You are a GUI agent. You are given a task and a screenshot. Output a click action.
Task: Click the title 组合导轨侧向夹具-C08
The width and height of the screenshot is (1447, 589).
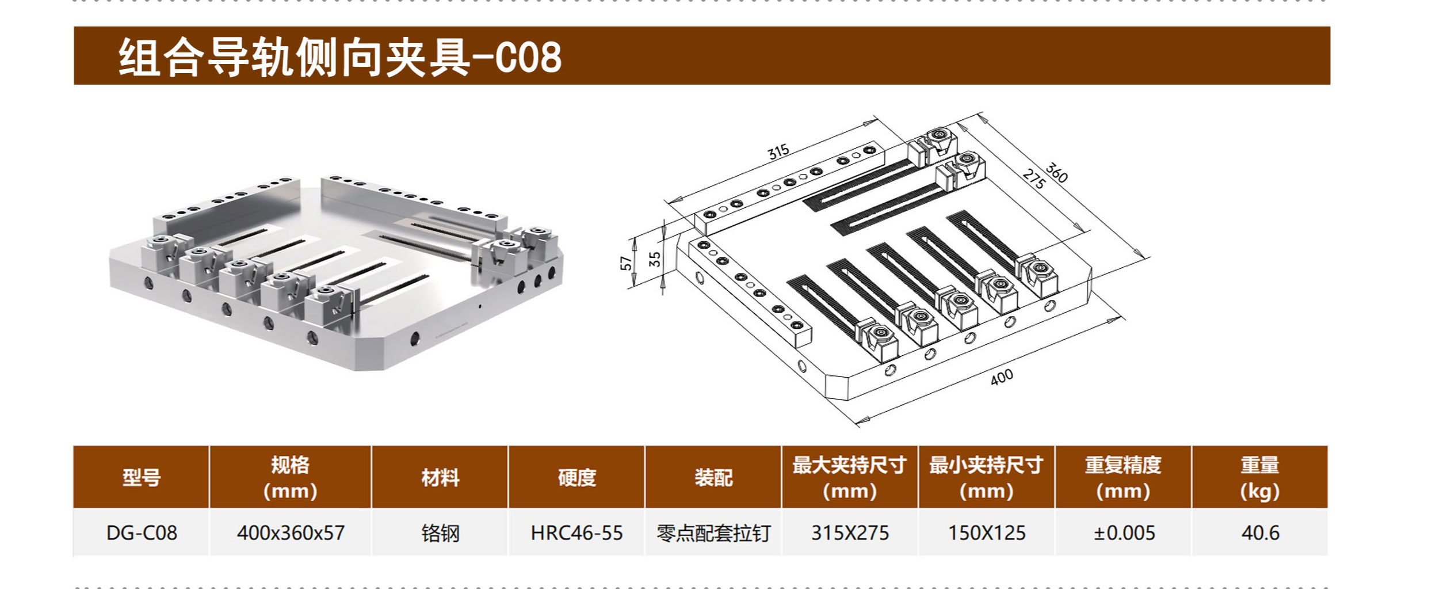(340, 58)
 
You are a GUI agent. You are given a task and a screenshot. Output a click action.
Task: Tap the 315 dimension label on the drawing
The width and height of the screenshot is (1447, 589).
(778, 152)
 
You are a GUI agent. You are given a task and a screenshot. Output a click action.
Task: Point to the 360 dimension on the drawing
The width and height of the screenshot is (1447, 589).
(1056, 173)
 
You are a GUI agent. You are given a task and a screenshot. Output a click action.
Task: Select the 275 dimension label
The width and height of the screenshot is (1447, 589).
(1034, 180)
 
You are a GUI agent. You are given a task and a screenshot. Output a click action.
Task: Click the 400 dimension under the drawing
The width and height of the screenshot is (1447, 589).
(1002, 377)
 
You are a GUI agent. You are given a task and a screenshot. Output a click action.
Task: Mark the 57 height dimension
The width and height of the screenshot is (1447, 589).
(626, 263)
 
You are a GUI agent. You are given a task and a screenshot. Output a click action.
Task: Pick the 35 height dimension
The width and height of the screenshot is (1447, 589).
(655, 259)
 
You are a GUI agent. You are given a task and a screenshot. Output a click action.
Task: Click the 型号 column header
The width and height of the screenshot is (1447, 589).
(142, 478)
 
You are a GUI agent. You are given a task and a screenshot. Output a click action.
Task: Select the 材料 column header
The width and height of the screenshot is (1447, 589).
(440, 478)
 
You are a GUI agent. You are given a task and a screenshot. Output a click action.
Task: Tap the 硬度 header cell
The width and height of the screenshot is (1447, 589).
(576, 478)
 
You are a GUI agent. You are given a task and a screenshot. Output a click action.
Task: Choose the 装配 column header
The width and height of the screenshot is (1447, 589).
(713, 478)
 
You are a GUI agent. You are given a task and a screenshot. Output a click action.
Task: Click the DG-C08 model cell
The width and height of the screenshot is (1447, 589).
(142, 533)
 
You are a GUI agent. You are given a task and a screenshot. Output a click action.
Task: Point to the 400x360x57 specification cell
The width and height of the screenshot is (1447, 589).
(291, 533)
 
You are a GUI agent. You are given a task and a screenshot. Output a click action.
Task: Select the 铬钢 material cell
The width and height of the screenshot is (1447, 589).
(440, 533)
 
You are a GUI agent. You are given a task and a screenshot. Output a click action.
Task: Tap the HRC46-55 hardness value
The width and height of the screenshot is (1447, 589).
(576, 533)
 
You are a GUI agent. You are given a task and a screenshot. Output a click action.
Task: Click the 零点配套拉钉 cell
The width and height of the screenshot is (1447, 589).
(713, 533)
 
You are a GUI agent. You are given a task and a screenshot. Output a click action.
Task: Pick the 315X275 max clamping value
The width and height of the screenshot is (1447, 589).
(850, 533)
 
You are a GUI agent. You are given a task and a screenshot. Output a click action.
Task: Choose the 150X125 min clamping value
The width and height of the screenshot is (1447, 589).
(987, 533)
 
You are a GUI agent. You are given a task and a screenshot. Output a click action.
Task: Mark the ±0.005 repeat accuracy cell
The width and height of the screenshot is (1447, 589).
(1124, 533)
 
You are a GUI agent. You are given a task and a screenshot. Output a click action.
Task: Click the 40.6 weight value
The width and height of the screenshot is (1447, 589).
(1260, 533)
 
